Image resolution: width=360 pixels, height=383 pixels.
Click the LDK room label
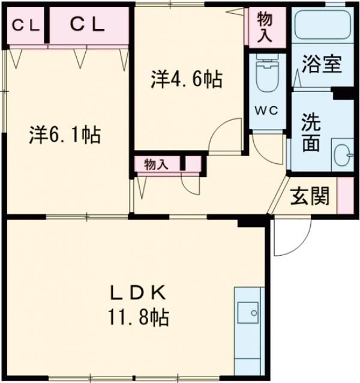tap(137, 292)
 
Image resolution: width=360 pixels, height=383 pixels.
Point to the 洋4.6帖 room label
tap(187, 79)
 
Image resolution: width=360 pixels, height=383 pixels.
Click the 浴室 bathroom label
tap(322, 65)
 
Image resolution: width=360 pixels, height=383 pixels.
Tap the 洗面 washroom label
tap(310, 134)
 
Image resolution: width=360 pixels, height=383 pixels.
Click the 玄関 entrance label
tap(310, 196)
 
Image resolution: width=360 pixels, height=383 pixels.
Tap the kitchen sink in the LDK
tap(247, 312)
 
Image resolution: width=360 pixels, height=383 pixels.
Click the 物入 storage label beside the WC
tap(265, 27)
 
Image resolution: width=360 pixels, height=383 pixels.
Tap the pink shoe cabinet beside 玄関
tap(344, 195)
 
